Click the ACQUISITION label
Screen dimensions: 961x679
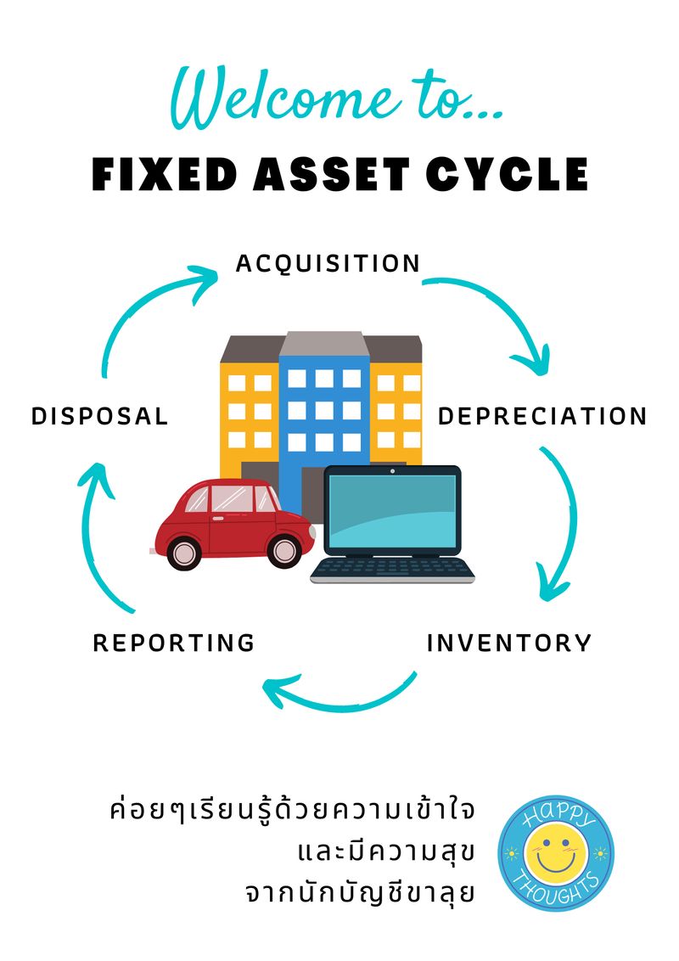328,263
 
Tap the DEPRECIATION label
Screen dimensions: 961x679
542,416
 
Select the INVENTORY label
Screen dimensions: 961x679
508,643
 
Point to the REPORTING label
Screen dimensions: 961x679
174,643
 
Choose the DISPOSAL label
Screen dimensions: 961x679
100,416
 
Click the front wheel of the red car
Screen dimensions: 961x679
183,552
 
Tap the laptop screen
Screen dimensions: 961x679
392,509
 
